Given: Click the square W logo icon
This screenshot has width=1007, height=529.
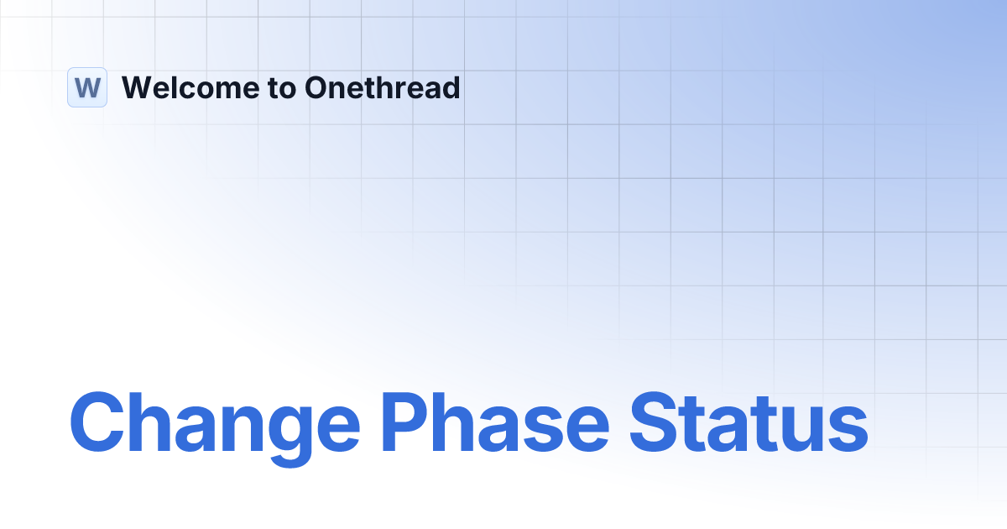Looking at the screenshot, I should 87,87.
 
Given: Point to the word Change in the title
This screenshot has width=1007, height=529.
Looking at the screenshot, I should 214,422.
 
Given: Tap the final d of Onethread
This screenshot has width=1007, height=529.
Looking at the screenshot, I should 451,87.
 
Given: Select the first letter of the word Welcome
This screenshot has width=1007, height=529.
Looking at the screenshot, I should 137,87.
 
